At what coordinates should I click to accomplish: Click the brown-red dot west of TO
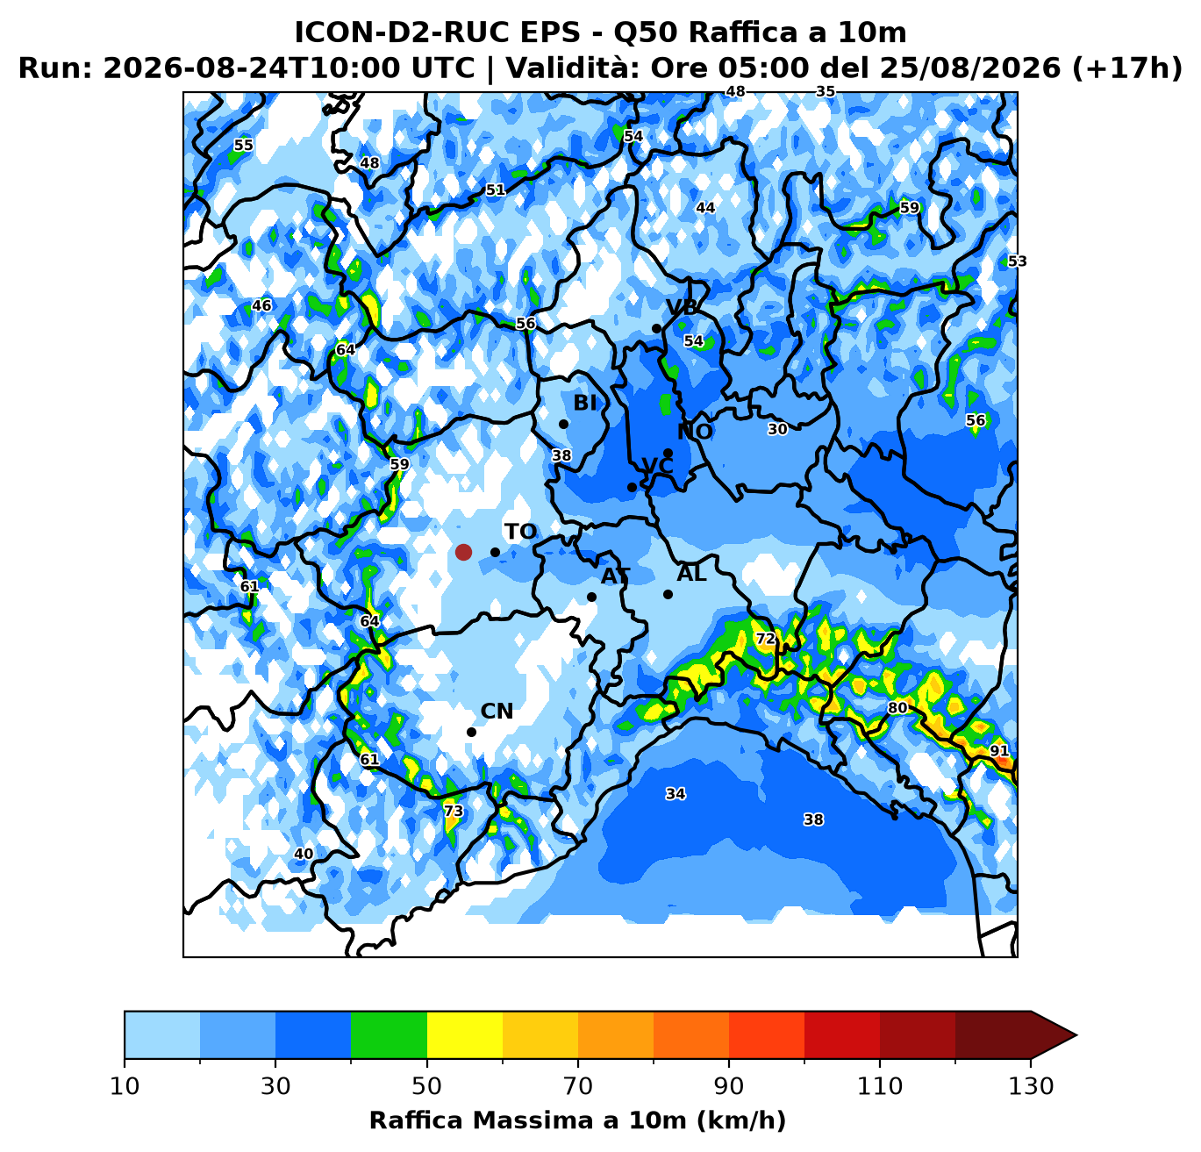463,552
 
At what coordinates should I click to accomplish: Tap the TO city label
520,532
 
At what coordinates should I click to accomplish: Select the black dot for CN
471,733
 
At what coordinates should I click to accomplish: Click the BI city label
585,403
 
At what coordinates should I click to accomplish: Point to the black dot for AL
668,595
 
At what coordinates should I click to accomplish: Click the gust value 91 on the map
999,751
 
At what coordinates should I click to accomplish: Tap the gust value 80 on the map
897,707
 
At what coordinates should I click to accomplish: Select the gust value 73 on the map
454,811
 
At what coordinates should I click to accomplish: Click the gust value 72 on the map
765,639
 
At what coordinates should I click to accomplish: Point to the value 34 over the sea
676,794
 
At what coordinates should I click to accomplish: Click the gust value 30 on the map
777,429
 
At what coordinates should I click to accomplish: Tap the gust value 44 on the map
705,207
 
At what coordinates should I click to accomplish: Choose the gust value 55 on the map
243,145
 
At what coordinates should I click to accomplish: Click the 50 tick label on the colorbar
426,1086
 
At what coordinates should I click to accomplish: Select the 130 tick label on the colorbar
1031,1086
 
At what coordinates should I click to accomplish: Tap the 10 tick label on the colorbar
125,1086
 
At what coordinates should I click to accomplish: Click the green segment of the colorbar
389,1034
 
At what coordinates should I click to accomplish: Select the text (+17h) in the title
1126,68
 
